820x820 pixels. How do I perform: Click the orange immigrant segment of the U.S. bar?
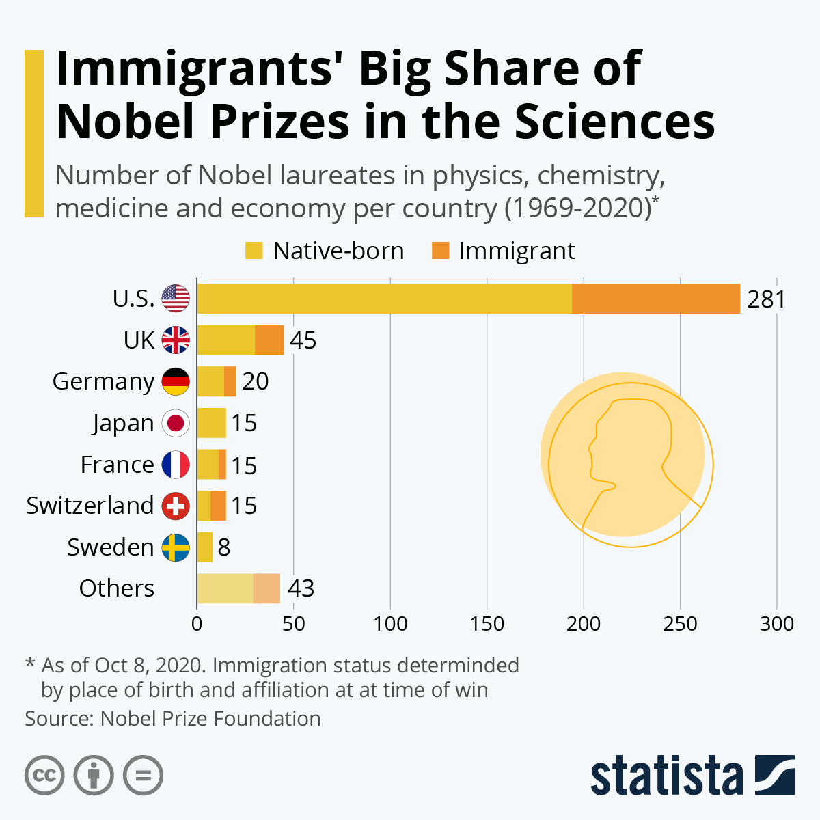[x=656, y=299]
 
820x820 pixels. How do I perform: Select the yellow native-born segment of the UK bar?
[x=225, y=340]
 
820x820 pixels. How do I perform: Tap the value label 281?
[x=766, y=299]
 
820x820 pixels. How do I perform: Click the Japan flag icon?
[x=176, y=423]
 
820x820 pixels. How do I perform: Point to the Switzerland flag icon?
[x=176, y=506]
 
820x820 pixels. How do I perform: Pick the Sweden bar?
[x=204, y=547]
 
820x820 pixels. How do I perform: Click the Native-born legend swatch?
[x=254, y=251]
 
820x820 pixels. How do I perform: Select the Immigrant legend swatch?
[x=440, y=251]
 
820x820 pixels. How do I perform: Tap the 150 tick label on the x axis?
[x=487, y=623]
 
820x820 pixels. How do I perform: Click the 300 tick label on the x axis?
[x=777, y=623]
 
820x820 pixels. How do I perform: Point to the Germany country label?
[x=103, y=381]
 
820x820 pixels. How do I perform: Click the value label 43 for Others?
[x=301, y=588]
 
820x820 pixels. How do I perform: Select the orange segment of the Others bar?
[x=266, y=588]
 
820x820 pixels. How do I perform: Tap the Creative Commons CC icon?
[x=44, y=776]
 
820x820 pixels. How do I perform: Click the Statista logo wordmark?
[x=666, y=776]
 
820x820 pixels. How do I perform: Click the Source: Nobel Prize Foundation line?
[x=173, y=719]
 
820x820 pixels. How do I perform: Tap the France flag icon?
[x=176, y=465]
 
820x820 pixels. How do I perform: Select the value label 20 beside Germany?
[x=255, y=381]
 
